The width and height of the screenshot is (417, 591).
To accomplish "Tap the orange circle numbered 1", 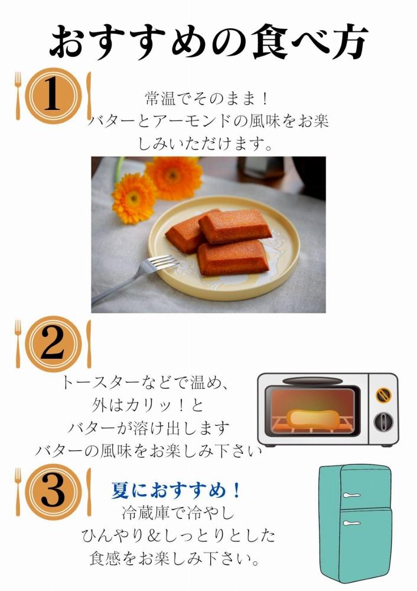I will coord(53,96).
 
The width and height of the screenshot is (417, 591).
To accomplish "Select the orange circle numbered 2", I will coord(53,343).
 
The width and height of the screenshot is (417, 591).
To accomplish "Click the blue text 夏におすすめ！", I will coord(177,491).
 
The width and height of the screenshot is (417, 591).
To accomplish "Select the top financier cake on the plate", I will coord(235,226).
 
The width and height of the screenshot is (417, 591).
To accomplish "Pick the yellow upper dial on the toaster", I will coord(383,394).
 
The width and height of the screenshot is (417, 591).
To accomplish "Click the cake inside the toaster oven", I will coord(312,418).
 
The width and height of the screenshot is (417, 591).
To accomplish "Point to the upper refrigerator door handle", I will coord(351,494).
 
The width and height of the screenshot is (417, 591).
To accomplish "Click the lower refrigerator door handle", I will coord(351,523).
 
